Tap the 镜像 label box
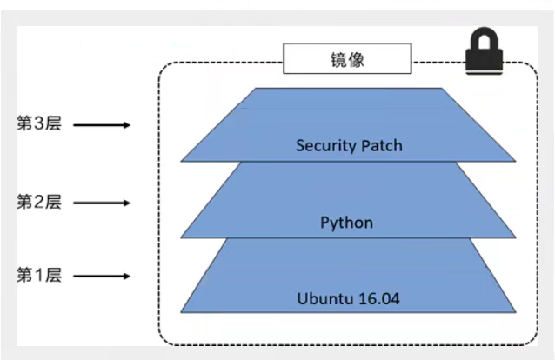pos(346,60)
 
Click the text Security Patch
pos(349,145)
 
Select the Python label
pos(346,223)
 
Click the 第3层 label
pos(39,123)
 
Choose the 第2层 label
pos(39,202)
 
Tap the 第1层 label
pos(39,276)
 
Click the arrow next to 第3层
pos(102,125)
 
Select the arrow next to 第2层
pos(102,203)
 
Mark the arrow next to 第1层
pos(102,277)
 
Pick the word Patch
pos(382,145)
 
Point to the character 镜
pos(336,60)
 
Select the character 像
pos(357,60)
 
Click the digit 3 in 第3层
pos(39,123)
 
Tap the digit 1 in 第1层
pos(39,276)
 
